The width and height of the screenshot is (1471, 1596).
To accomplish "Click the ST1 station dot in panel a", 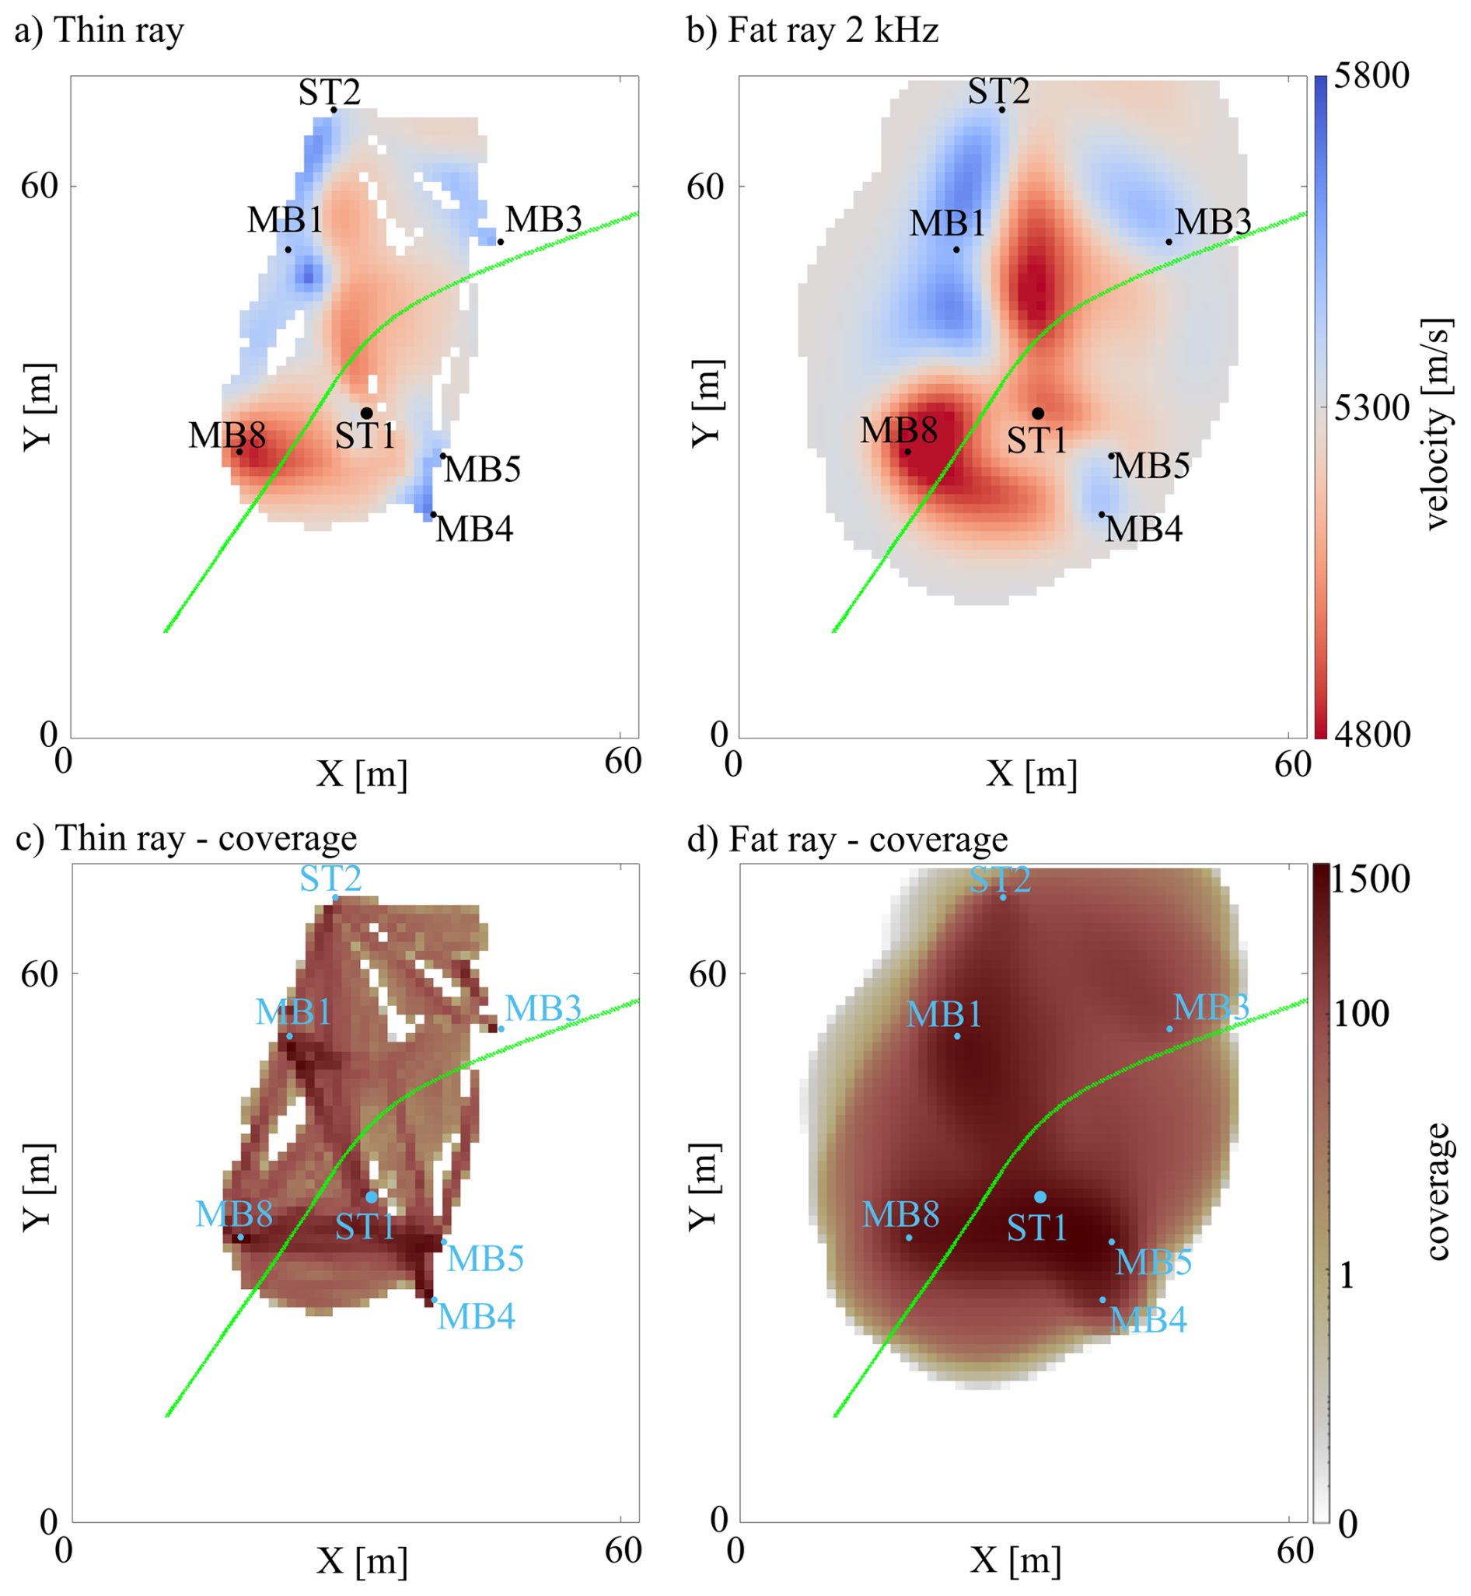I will [366, 413].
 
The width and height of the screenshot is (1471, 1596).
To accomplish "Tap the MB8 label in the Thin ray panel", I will [227, 435].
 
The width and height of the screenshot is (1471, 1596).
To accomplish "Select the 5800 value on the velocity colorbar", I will [1371, 75].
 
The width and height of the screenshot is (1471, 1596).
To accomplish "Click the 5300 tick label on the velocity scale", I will [1371, 408].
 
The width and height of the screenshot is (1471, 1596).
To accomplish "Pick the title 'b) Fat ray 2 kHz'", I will [812, 30].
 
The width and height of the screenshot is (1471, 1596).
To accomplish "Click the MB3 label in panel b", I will [1213, 222].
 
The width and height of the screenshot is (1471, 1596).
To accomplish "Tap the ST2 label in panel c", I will [330, 878].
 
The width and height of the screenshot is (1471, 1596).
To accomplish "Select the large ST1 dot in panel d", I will [1039, 1196].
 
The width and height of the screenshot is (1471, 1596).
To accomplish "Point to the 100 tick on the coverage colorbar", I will [1361, 1013].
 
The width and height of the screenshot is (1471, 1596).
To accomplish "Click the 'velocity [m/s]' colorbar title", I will [1437, 424].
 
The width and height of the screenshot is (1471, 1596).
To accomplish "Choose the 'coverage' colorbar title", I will [1437, 1192].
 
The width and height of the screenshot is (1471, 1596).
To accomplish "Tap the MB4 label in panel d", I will [1148, 1320].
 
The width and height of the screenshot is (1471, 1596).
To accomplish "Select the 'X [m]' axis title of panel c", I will [362, 1560].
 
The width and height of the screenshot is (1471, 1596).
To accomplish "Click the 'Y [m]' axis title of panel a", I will [37, 407].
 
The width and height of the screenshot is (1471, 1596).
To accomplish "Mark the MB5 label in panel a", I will [482, 470].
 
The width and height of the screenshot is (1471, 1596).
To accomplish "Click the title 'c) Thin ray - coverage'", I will [187, 838].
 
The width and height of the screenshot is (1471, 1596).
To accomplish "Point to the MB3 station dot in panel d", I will [1169, 1028].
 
